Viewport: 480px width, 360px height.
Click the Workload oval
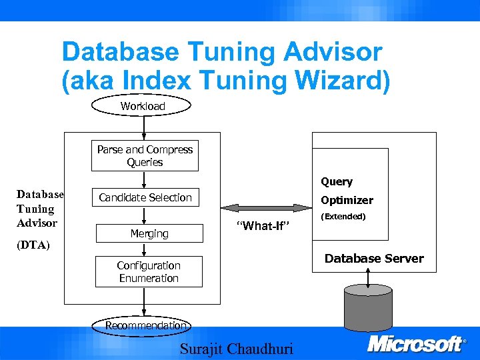pos(142,106)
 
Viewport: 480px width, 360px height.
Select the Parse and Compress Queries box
pos(145,156)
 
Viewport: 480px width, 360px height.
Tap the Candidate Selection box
pos(145,197)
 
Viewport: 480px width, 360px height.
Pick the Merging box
pos(149,233)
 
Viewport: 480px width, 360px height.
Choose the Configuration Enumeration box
pos(149,271)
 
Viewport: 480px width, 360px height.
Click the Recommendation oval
pos(146,325)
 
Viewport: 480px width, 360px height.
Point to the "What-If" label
pos(263,227)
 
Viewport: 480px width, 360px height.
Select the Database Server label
pos(373,259)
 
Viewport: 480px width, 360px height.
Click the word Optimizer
pos(347,200)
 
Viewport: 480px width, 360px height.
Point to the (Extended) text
pos(343,217)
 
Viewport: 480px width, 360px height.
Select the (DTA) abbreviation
pos(33,245)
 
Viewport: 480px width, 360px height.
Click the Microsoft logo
pos(417,344)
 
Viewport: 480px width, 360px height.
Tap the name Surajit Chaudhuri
pos(236,349)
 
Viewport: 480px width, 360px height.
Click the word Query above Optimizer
pos(337,181)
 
